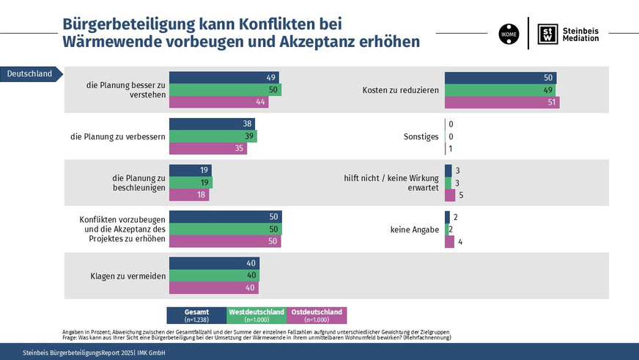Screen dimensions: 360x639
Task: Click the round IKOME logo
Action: point(509,33)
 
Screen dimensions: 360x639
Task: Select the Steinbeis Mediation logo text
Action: point(580,33)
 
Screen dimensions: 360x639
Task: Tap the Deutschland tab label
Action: point(29,73)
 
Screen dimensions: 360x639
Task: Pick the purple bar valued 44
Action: point(219,102)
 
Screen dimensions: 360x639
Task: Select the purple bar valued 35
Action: point(208,148)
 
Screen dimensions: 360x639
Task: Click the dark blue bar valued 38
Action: point(212,124)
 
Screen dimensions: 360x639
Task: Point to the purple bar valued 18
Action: point(189,195)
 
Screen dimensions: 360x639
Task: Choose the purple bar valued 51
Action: point(502,102)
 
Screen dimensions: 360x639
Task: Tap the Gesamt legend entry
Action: point(197,315)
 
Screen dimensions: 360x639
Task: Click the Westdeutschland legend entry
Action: point(256,315)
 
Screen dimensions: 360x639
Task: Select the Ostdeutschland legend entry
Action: point(317,315)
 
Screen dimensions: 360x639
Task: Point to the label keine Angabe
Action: point(414,229)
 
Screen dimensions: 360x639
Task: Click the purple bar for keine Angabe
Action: point(449,241)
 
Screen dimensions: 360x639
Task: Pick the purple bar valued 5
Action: point(450,195)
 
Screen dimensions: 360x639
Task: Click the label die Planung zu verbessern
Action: point(117,136)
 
